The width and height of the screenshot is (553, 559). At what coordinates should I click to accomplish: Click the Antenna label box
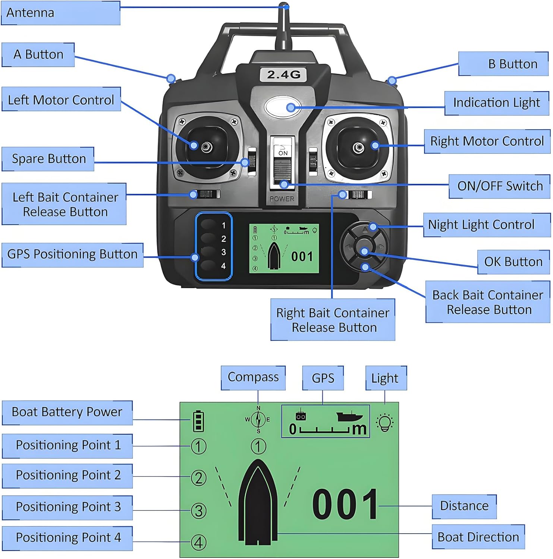pos(61,13)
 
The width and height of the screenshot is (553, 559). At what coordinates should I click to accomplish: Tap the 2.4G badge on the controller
pos(283,75)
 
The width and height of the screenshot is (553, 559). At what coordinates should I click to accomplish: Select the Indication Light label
pos(496,102)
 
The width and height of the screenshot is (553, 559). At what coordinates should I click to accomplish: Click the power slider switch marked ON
pos(283,164)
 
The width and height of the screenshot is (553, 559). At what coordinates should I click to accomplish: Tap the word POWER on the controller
pos(282,199)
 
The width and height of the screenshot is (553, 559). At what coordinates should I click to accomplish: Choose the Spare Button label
pos(48,159)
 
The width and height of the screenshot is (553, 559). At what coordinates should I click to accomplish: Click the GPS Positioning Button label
pos(72,255)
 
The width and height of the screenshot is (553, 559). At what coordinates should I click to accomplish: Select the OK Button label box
pos(513,262)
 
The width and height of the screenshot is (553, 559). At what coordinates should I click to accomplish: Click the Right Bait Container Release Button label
pos(333,320)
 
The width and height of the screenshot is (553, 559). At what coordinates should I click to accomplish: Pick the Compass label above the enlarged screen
pos(253,377)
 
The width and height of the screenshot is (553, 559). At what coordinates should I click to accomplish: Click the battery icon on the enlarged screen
pos(198,421)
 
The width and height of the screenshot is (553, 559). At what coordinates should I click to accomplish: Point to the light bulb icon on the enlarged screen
pos(385,422)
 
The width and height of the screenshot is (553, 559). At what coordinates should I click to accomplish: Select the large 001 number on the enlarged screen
pos(345,505)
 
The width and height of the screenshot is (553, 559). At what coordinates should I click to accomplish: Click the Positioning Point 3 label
pos(67,507)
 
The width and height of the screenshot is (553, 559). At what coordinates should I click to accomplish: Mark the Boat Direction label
pos(478,537)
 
